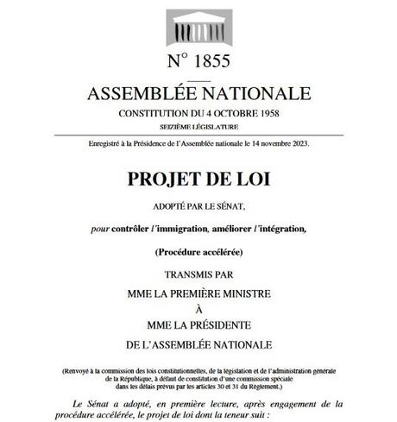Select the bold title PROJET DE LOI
point(198,180)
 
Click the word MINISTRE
point(239,295)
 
